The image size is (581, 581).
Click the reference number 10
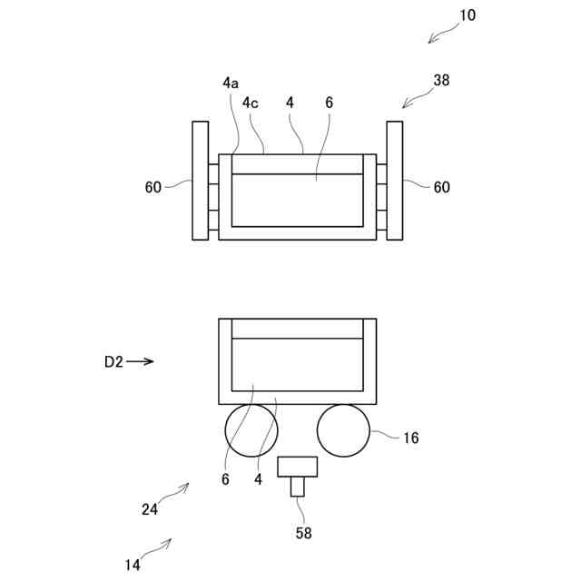click(467, 15)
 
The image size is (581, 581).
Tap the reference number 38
click(441, 80)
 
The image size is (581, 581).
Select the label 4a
click(231, 83)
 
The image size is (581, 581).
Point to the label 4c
click(250, 103)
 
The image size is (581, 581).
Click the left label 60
click(153, 187)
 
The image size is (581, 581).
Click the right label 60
click(441, 187)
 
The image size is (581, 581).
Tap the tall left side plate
click(200, 180)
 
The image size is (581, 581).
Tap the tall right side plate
click(395, 180)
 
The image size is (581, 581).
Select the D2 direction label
click(113, 361)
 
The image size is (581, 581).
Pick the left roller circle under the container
click(249, 430)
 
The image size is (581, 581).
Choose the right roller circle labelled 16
click(343, 430)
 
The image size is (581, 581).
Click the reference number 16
click(410, 438)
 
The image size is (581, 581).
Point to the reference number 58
click(303, 534)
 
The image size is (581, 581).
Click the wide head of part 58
click(298, 468)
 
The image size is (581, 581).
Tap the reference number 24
click(150, 509)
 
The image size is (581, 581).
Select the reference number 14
click(133, 565)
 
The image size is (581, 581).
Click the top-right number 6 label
click(329, 103)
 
